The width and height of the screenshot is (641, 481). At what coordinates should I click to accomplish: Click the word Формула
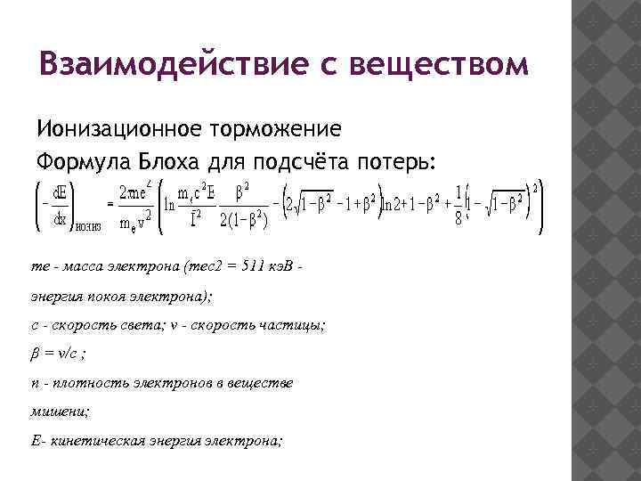(x=77, y=162)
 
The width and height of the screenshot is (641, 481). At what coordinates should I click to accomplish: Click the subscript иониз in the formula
(x=87, y=226)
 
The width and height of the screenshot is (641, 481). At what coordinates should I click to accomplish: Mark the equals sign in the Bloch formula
(x=110, y=204)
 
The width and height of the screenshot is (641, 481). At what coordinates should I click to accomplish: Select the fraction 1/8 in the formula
(x=458, y=206)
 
